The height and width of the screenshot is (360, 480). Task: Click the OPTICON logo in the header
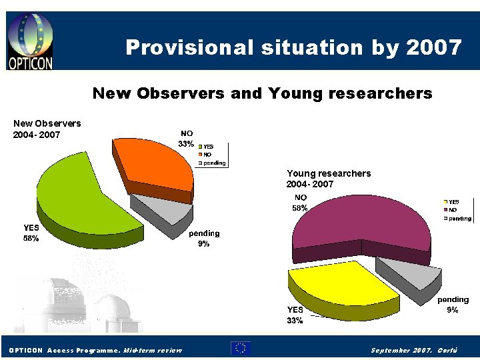point(30,41)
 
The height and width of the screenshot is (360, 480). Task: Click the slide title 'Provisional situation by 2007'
point(293,47)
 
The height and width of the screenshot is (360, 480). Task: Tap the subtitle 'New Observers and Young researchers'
point(262,93)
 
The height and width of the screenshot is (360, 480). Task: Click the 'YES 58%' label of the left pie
point(31,233)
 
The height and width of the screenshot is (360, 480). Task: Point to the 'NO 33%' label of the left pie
point(186,138)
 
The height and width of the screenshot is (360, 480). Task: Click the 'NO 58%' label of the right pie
point(301,203)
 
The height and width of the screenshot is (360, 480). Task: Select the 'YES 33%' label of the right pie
point(295,315)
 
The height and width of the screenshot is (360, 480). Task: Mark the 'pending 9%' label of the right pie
point(453,305)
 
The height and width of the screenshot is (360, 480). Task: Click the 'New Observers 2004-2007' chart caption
point(47,129)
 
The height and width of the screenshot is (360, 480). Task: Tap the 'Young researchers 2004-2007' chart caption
point(329,178)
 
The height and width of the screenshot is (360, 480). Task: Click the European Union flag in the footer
point(241,347)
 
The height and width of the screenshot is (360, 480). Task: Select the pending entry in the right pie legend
point(459,218)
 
